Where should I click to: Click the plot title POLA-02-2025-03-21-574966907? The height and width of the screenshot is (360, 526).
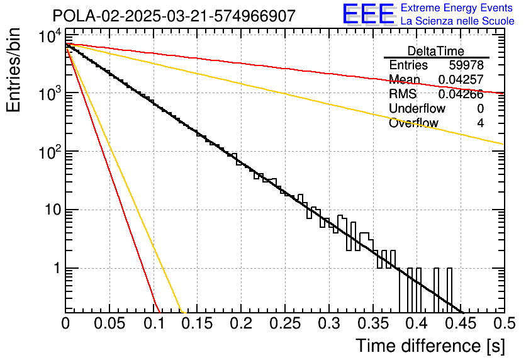pos(174,16)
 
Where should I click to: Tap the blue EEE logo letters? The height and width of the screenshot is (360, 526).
pos(368,14)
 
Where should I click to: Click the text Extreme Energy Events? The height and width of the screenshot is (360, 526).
pos(457,8)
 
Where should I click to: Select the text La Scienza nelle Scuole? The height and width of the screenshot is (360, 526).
pos(457,21)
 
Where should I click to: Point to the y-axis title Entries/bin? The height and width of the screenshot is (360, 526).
pos(13,70)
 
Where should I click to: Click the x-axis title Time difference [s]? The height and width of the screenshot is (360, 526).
pos(430,346)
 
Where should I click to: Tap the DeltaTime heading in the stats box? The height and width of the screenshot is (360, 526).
pos(436,51)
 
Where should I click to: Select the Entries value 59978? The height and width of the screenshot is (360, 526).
pos(466,65)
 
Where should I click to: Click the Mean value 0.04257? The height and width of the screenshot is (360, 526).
pos(461,79)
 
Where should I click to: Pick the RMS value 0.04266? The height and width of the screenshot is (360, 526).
pos(461,94)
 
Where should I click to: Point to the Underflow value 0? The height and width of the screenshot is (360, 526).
pos(480,109)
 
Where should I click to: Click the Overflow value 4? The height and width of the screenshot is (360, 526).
pos(480,123)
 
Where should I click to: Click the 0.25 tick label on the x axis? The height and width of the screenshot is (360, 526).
pos(285,323)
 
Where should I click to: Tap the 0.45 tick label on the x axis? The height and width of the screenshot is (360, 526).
pos(461,323)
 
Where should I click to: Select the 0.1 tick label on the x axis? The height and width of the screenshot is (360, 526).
pos(154,323)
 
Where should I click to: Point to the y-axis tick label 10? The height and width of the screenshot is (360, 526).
pos(53,210)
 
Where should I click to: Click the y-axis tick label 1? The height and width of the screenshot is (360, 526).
pos(57,268)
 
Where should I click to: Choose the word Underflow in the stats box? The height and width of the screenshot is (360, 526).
pos(417,109)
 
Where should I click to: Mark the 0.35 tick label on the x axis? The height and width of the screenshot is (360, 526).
pos(373,323)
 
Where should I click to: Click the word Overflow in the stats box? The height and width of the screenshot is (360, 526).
pos(413,123)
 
